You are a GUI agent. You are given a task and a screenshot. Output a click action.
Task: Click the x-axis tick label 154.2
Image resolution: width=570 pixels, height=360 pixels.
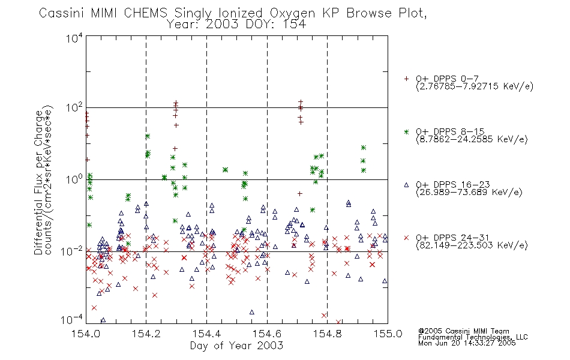[146, 334]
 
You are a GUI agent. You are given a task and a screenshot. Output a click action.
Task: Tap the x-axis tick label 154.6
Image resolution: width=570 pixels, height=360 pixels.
[267, 334]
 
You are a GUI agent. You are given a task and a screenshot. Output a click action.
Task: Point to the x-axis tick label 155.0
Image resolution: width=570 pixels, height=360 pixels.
[388, 334]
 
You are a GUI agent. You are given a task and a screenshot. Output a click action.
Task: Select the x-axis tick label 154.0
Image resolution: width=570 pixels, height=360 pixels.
[86, 334]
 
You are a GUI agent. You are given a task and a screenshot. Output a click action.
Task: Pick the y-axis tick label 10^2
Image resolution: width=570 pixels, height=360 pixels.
[74, 107]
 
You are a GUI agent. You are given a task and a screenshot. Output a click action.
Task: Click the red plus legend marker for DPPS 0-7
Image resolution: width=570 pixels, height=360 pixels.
[406, 79]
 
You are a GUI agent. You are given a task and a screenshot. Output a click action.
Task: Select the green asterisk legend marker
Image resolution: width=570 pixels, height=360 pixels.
[406, 131]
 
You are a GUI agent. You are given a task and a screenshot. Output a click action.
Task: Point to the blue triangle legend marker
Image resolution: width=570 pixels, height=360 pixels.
[406, 185]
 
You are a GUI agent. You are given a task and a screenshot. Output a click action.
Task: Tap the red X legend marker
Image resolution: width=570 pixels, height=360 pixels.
[406, 238]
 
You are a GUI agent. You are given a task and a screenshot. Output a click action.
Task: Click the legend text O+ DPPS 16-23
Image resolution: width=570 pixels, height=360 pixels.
[453, 185]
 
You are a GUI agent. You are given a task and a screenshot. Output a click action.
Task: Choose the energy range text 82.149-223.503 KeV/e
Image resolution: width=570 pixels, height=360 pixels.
[472, 245]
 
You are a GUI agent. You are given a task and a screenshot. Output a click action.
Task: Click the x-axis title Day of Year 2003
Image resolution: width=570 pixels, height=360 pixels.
[236, 346]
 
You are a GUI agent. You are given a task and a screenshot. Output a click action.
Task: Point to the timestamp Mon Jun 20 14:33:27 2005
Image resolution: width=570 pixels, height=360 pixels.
[467, 343]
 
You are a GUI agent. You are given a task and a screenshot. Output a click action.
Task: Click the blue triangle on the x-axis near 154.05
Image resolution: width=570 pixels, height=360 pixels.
[103, 320]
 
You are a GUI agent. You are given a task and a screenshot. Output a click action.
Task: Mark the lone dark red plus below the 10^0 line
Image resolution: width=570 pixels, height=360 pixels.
[300, 194]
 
